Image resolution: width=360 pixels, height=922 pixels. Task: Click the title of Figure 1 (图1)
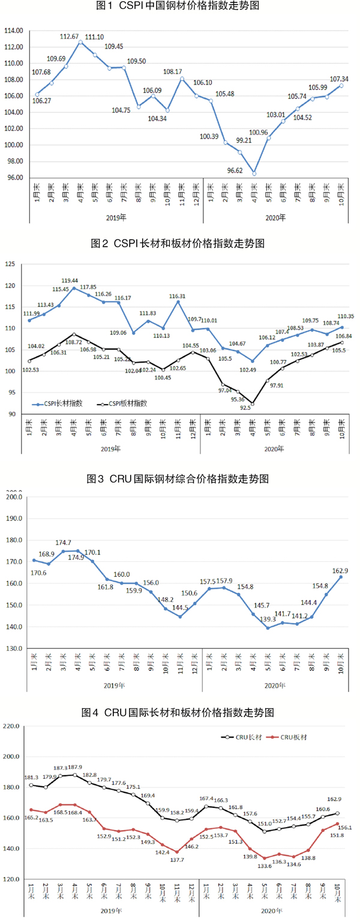point(179,8)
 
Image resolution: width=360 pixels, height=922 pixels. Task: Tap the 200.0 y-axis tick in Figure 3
point(13,496)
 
